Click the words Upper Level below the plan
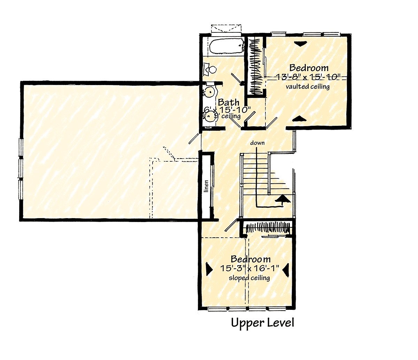pyautogui.click(x=263, y=323)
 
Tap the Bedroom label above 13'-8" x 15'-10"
pyautogui.click(x=309, y=68)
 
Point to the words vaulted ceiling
pyautogui.click(x=308, y=86)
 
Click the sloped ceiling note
pyautogui.click(x=249, y=278)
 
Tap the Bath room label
pyautogui.click(x=229, y=102)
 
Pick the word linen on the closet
pyautogui.click(x=207, y=186)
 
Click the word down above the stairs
pyautogui.click(x=257, y=143)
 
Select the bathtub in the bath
pyautogui.click(x=226, y=46)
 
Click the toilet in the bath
pyautogui.click(x=209, y=69)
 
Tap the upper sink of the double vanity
pyautogui.click(x=210, y=93)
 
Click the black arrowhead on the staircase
pyautogui.click(x=282, y=199)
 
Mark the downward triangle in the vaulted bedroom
pyautogui.click(x=300, y=44)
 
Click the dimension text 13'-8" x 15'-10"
pyautogui.click(x=309, y=77)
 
